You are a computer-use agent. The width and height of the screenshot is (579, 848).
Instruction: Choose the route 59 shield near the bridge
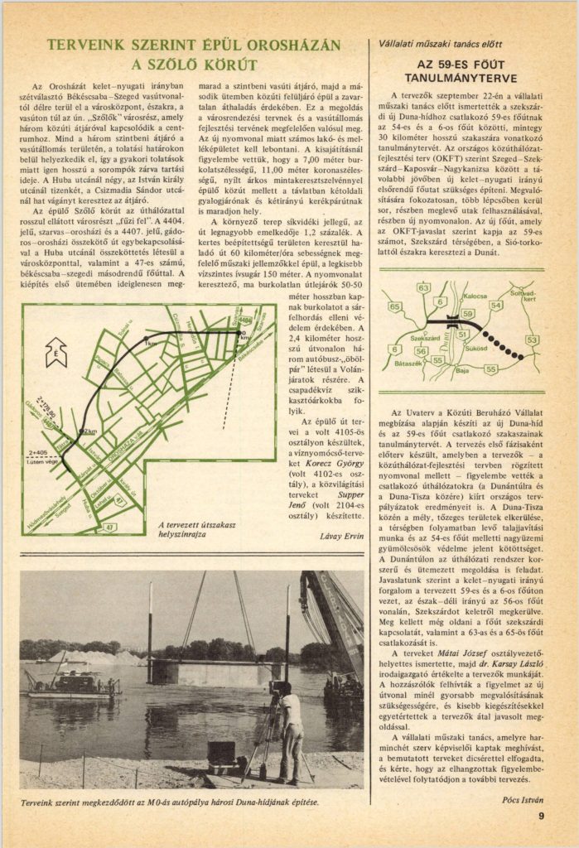(466, 313)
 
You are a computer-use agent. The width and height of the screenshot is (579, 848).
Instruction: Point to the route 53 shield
(531, 340)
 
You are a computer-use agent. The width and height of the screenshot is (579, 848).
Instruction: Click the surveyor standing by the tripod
(290, 733)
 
